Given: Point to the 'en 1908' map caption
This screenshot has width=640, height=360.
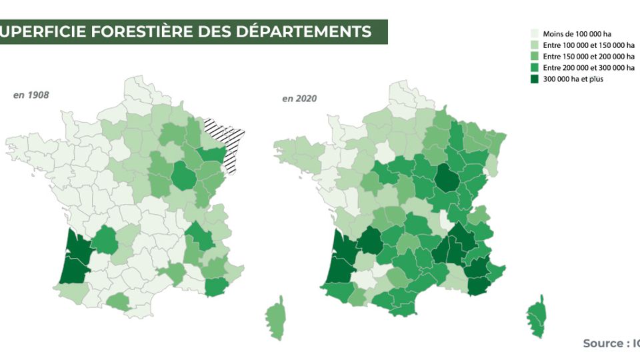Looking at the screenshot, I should coord(31,95).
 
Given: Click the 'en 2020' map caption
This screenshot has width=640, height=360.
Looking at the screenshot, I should coord(299,99).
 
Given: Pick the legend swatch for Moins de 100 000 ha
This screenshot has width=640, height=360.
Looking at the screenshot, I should coord(534,33).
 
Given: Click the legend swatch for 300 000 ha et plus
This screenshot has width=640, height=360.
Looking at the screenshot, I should coord(534,79).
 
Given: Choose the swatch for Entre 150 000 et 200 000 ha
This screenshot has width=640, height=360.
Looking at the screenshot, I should coord(534,56).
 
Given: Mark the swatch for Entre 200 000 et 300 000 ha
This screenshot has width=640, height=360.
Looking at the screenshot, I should coord(534,67).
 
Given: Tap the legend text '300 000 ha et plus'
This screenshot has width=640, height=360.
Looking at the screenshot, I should coord(573,79).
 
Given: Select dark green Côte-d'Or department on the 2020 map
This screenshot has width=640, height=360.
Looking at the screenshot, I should coord(448,177).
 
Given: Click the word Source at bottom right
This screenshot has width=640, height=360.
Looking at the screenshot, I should coord(602,343).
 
